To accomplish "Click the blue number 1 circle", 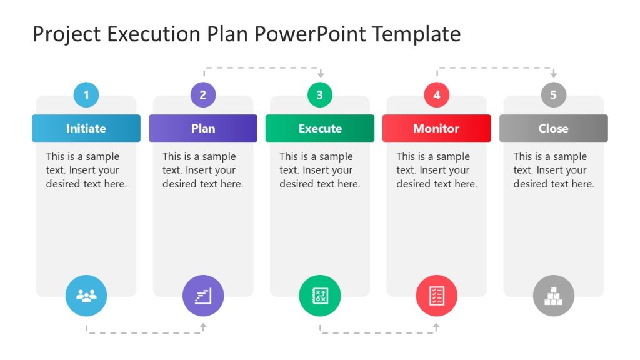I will (x=86, y=95).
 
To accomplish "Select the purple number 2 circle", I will (x=203, y=95).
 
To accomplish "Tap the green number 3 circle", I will (x=320, y=95).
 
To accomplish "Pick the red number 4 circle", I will (x=437, y=95).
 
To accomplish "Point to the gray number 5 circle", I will (x=553, y=95).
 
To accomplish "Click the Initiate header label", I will (x=86, y=128).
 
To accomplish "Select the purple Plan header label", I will (x=203, y=128).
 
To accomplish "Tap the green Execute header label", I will (x=320, y=128).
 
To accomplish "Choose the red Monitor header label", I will (x=436, y=128).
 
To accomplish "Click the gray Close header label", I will (x=553, y=128).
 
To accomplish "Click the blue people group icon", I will (x=86, y=296).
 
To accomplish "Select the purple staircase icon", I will (x=203, y=296).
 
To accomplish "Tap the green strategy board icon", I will (x=320, y=296).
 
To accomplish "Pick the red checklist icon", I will (x=437, y=296).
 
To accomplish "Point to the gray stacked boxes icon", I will (x=553, y=296).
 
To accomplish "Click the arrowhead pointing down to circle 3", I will (x=320, y=74).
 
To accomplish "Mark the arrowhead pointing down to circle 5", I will (x=553, y=74).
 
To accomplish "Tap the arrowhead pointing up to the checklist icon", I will (x=436, y=326).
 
